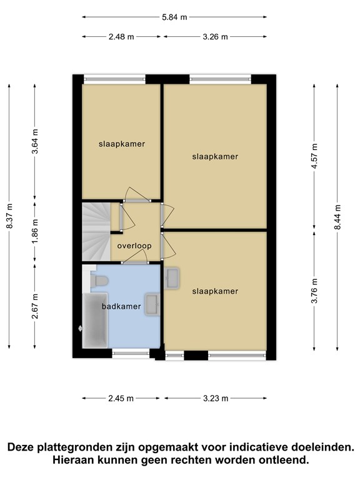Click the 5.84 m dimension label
pos(174,17)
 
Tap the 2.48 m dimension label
pos(121,37)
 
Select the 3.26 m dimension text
pos(215,37)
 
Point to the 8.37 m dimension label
pos(9,216)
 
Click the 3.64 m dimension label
pos(35,141)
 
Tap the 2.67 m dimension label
pos(35,306)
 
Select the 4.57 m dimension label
pos(314,156)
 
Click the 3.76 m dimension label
pos(314,291)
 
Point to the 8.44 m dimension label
pos(337,217)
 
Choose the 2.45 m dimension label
pos(121,398)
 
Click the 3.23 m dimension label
pos(216,398)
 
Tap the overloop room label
pos(134,246)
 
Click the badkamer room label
pos(121,306)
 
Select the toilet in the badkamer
pos(99,281)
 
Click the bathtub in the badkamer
pos(95,320)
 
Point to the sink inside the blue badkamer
pos(152,304)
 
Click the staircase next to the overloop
pos(96,232)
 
